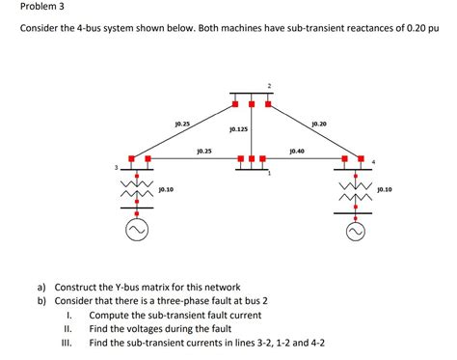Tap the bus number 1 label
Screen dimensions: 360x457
click(x=270, y=174)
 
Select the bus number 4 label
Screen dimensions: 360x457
click(x=373, y=160)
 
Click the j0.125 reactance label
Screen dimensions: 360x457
click(x=239, y=128)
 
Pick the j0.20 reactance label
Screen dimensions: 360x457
click(x=319, y=124)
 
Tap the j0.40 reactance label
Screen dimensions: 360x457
click(x=296, y=152)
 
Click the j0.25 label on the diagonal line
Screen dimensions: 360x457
click(x=182, y=124)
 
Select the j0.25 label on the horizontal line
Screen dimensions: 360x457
click(x=203, y=152)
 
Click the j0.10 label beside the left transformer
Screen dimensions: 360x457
click(x=166, y=189)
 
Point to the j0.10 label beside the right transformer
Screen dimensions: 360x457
click(x=386, y=189)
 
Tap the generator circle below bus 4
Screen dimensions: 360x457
click(x=356, y=232)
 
